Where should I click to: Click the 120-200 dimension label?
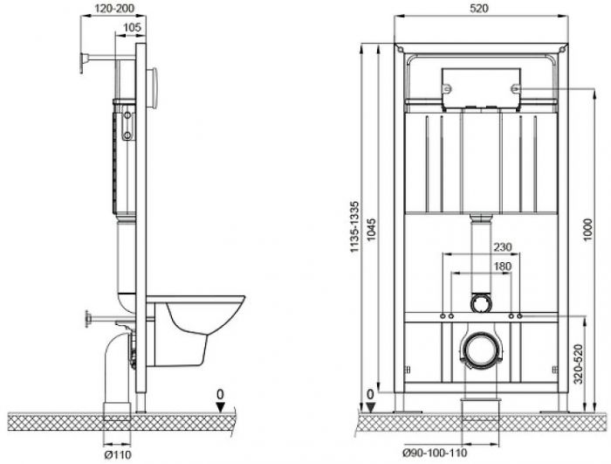pos(113,8)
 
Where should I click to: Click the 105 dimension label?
pos(131,29)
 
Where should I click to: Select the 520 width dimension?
pos(478,8)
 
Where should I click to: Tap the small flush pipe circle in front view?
pos(479,303)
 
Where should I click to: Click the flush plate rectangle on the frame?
pos(479,88)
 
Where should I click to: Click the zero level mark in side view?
pos(223,394)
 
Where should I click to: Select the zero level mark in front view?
pos(371,394)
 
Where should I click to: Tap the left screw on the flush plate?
pos(445,88)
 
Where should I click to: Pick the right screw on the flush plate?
pos(515,88)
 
